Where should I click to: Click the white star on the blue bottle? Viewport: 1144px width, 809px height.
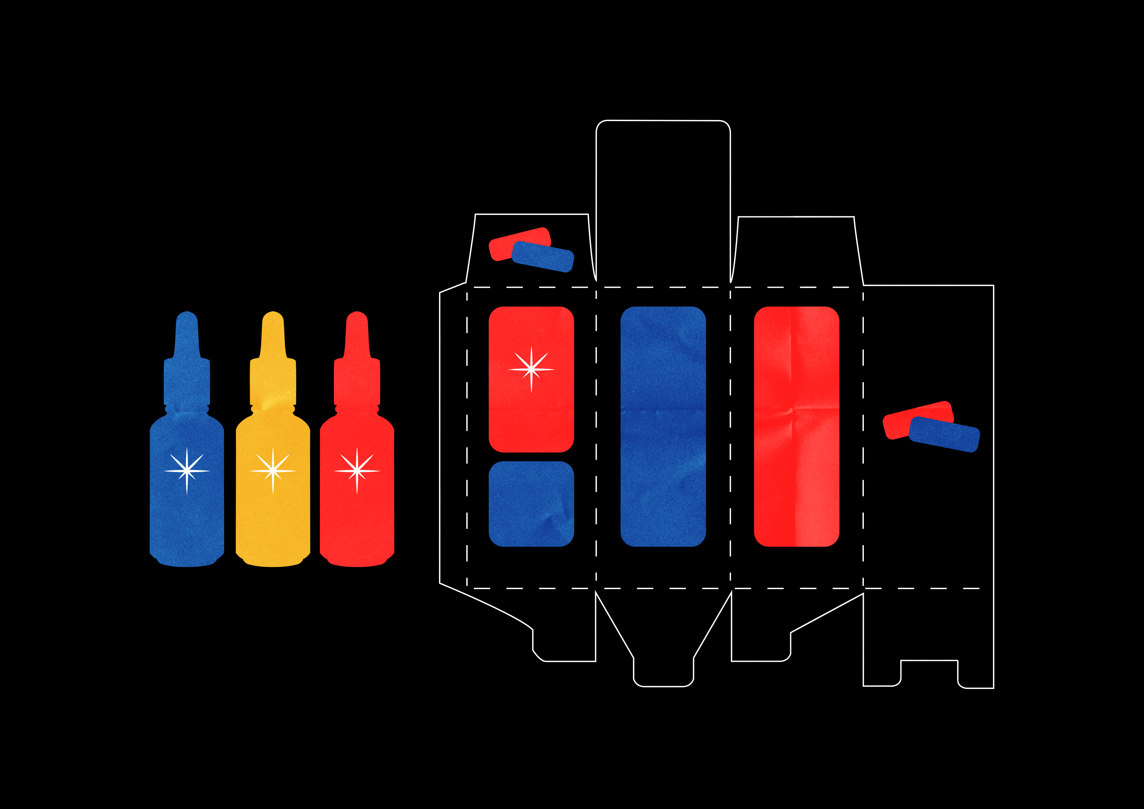187,470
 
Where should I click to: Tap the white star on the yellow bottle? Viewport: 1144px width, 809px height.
273,470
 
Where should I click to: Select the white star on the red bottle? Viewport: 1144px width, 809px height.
357,470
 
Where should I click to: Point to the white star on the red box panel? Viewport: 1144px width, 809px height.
531,369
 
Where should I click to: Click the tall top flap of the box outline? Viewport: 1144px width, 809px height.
663,199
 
